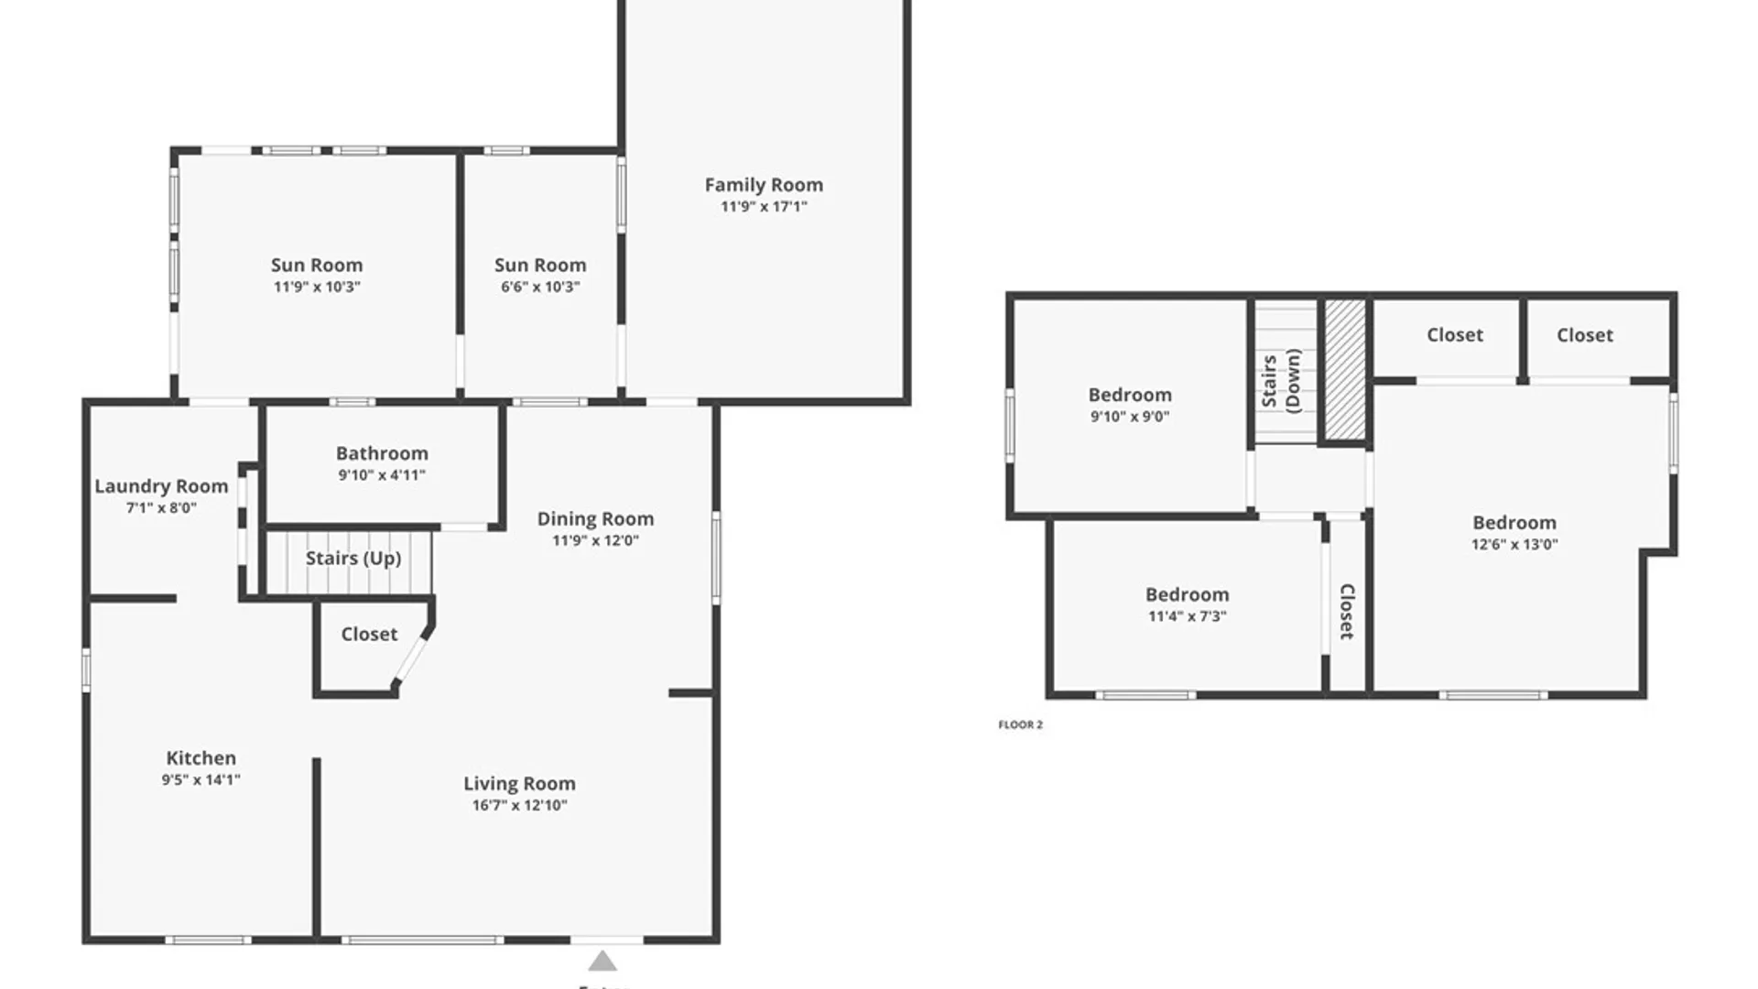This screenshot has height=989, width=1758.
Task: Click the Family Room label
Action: (x=764, y=185)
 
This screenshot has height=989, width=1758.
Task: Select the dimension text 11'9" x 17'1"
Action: (x=764, y=207)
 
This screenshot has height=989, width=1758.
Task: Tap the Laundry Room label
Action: (x=161, y=487)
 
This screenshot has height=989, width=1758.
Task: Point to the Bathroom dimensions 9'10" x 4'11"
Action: (x=382, y=475)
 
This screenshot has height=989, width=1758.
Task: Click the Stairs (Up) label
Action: (x=353, y=559)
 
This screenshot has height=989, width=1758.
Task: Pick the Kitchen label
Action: (x=201, y=758)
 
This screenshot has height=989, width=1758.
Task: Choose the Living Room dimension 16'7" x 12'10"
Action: (x=519, y=806)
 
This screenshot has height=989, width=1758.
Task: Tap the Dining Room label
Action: (x=595, y=519)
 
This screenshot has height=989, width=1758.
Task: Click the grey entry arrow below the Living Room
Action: (x=602, y=961)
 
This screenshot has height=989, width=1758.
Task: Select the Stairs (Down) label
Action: (x=1281, y=381)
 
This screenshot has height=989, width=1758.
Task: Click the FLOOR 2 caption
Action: (x=1020, y=724)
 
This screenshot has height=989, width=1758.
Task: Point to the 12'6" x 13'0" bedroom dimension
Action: (x=1514, y=545)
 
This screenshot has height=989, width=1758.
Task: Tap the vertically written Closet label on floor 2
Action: (x=1347, y=612)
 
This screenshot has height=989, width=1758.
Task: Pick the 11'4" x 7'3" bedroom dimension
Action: (x=1188, y=617)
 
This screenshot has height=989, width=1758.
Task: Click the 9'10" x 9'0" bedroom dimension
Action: (x=1130, y=417)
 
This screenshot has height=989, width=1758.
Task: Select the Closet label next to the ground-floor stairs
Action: (x=369, y=635)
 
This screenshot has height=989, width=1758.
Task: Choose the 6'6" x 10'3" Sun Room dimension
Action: (x=540, y=288)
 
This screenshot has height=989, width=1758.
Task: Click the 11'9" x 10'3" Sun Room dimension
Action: (x=317, y=288)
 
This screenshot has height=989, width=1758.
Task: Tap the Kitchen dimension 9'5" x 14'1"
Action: (x=201, y=780)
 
